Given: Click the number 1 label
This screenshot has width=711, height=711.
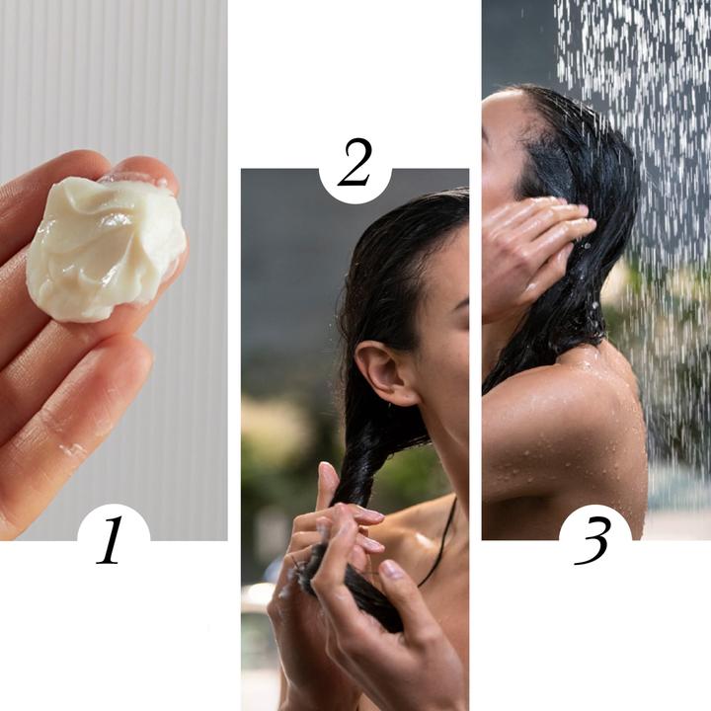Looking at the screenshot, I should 111,540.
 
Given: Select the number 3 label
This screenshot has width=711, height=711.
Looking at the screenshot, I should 594,540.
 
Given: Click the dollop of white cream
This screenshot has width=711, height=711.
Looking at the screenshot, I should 104,247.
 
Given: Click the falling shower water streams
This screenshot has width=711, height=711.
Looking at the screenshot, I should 642,99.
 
